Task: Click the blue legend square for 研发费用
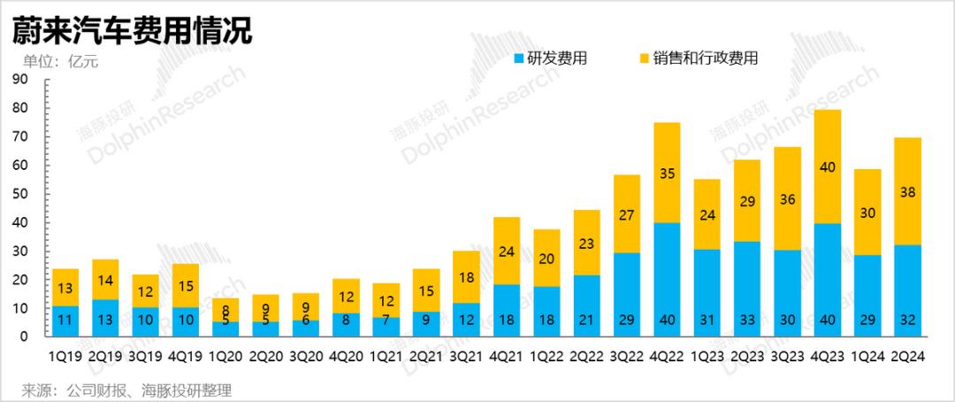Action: (x=519, y=59)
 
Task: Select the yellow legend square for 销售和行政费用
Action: (x=643, y=59)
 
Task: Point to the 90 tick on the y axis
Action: (x=22, y=80)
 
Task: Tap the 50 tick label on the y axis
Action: (x=22, y=194)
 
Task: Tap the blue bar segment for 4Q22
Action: (x=667, y=279)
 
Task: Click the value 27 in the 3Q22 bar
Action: (x=627, y=214)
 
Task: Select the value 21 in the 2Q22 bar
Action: (x=588, y=319)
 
